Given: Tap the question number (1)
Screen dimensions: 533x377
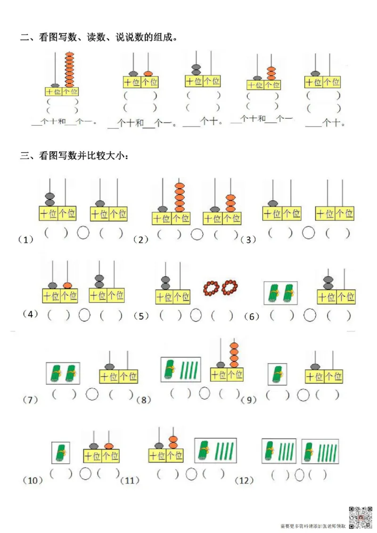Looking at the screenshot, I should [x=26, y=240].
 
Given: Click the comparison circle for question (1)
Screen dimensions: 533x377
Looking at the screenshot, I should [x=83, y=233].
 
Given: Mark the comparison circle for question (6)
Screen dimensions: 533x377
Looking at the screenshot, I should [x=309, y=315].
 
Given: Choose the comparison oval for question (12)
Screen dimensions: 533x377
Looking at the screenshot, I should [x=299, y=475].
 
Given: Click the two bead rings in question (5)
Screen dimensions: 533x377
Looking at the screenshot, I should [x=221, y=286].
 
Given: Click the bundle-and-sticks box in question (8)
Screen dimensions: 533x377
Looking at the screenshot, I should [x=181, y=370].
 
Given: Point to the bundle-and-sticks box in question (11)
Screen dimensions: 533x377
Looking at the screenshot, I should [x=215, y=450].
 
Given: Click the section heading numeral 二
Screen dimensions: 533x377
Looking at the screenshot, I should [x=24, y=38].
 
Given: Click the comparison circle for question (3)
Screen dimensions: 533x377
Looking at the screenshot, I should [x=309, y=232].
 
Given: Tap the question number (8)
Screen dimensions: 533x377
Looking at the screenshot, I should [x=143, y=400].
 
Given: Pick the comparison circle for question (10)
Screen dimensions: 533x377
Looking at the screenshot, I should [x=85, y=474].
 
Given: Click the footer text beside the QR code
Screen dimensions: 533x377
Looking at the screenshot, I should [x=313, y=525].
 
